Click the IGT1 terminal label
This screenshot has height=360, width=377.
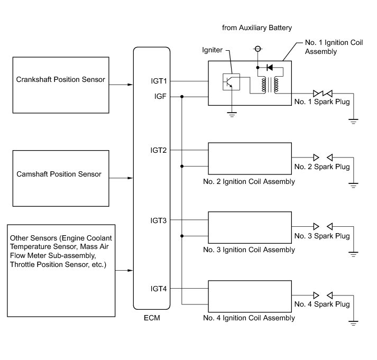coord(159,81)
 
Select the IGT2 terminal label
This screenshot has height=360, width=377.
coord(159,151)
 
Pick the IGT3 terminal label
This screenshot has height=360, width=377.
coord(159,220)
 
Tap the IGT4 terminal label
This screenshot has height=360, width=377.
coord(159,289)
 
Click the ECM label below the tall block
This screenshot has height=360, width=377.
coord(152,318)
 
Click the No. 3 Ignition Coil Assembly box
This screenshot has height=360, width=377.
coord(250,227)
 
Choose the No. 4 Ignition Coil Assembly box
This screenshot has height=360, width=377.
coord(250,296)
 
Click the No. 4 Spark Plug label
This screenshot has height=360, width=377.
coord(322,304)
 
